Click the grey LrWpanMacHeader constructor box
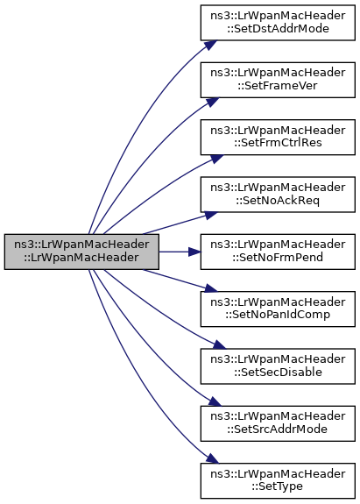(81, 252)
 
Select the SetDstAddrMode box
(278, 23)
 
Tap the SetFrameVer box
(278, 80)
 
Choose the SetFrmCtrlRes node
(278, 137)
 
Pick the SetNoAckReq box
(278, 194)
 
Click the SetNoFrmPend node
(278, 252)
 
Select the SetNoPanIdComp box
(278, 309)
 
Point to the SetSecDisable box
(278, 366)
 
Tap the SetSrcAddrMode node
(278, 423)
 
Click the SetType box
(278, 481)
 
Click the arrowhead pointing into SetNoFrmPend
(194, 252)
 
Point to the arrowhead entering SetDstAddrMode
(211, 45)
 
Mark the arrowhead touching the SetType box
(213, 458)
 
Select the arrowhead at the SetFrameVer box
(213, 102)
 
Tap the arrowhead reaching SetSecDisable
(220, 344)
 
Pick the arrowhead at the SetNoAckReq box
(211, 215)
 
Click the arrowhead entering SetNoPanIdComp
(211, 288)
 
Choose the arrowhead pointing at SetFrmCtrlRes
(216, 159)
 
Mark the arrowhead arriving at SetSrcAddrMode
(215, 401)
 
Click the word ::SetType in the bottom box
(277, 486)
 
